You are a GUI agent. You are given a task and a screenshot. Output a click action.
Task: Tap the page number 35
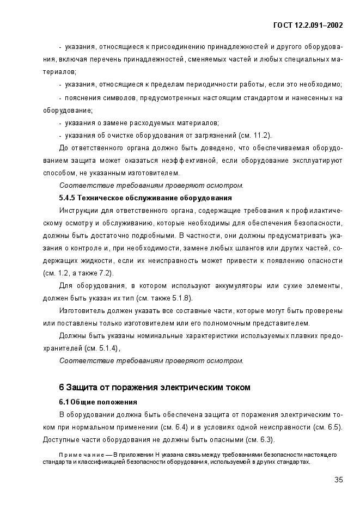coord(338,480)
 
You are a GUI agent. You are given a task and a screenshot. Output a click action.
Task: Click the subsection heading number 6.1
coord(65,402)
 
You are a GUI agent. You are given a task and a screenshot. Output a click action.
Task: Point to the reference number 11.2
coord(261,135)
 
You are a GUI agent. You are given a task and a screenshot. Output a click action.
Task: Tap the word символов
coord(119,98)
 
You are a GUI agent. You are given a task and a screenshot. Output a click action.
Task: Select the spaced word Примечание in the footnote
coord(76,454)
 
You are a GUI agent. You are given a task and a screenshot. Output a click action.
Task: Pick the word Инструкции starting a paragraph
coord(77,210)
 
